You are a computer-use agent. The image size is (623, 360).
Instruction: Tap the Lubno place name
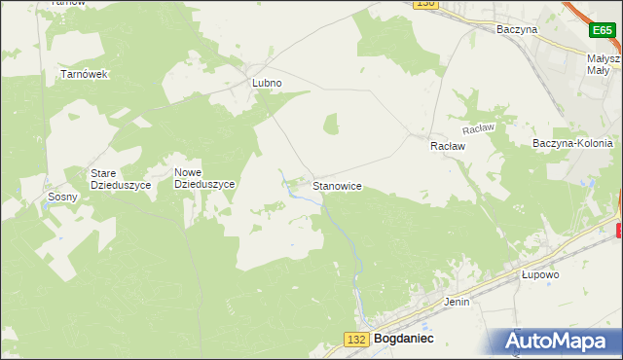tap(267, 84)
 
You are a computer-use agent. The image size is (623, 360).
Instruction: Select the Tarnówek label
tap(83, 74)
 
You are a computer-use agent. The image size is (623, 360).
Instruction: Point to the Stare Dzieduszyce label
tap(117, 179)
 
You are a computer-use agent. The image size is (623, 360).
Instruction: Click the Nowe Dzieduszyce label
tap(204, 178)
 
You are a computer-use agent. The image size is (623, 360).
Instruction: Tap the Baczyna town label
tap(516, 30)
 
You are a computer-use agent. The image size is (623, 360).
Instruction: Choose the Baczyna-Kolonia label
tap(572, 143)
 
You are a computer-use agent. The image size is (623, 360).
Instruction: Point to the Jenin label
tap(457, 302)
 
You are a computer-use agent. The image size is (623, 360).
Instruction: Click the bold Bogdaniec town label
tap(403, 339)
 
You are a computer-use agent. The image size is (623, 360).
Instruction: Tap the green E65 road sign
tap(602, 31)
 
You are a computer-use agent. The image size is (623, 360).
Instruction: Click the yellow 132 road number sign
tap(356, 339)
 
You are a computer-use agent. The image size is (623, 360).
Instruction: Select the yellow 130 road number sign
tap(424, 4)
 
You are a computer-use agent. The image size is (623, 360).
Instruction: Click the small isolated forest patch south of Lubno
tap(331, 124)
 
